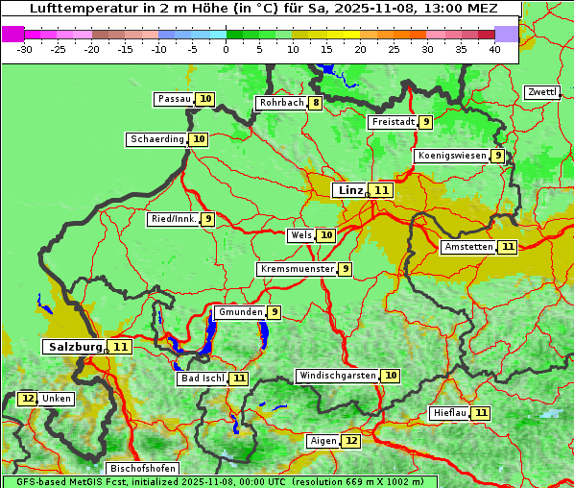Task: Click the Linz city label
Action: (x=350, y=190)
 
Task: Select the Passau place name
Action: (x=174, y=99)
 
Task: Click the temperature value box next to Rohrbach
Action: (x=315, y=103)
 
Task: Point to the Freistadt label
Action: (x=393, y=122)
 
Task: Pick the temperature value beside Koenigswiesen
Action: (x=497, y=156)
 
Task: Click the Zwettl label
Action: (x=541, y=92)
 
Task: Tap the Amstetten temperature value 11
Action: (x=508, y=247)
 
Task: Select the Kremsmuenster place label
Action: (x=296, y=269)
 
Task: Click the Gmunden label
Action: (x=239, y=312)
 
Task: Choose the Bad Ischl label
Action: (x=202, y=378)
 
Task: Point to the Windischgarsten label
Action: (x=337, y=376)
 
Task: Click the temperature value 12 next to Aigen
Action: (x=350, y=441)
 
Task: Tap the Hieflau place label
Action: (x=449, y=413)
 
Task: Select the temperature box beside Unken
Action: (x=28, y=399)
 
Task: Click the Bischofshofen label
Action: (x=142, y=469)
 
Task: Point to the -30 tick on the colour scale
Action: (x=25, y=49)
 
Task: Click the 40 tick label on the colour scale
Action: (x=494, y=49)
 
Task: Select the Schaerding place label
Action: (x=157, y=139)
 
